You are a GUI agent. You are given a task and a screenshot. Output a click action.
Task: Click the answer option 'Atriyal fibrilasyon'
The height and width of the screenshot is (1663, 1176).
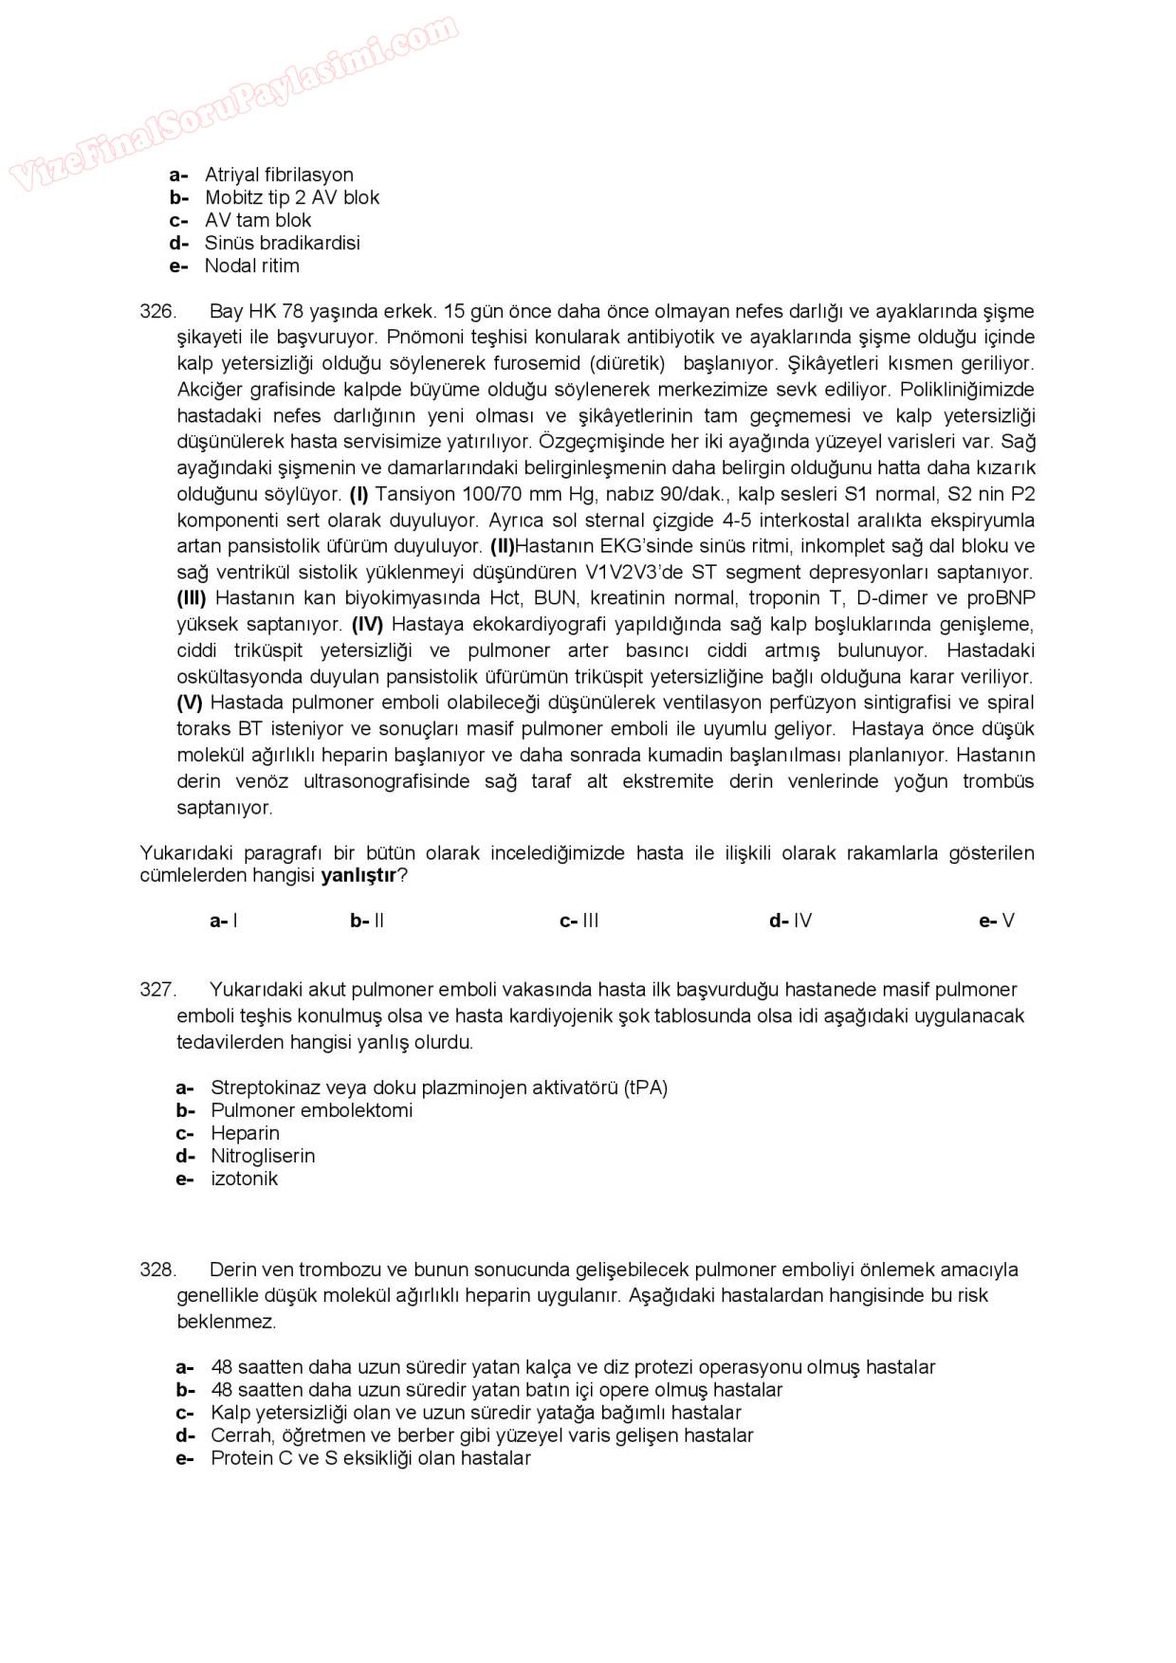pyautogui.click(x=279, y=174)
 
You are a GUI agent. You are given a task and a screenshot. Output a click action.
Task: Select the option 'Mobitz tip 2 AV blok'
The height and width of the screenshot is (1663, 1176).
pyautogui.click(x=291, y=197)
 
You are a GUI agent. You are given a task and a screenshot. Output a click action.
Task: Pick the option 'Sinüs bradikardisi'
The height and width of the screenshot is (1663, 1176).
pyautogui.click(x=282, y=243)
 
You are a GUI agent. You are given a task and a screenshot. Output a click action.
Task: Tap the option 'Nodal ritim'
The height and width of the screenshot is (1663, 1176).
pyautogui.click(x=251, y=265)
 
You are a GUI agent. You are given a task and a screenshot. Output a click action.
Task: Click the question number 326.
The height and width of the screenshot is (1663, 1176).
pyautogui.click(x=157, y=311)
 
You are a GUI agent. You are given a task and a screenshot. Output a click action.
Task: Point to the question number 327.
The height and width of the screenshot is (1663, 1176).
pyautogui.click(x=157, y=989)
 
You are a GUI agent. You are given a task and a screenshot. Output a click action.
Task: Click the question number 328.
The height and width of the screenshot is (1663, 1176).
pyautogui.click(x=157, y=1269)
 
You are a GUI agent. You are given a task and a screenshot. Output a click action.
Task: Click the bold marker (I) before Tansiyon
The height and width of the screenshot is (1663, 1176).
pyautogui.click(x=358, y=494)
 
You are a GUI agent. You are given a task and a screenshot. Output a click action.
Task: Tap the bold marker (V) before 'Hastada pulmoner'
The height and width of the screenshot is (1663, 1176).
pyautogui.click(x=190, y=703)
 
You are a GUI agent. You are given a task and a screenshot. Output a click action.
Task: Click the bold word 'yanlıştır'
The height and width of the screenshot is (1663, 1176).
pyautogui.click(x=358, y=875)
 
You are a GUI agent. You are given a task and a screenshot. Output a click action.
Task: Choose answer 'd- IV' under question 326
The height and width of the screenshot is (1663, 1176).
pyautogui.click(x=790, y=921)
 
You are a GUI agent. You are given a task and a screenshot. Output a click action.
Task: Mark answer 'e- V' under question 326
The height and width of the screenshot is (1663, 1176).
pyautogui.click(x=997, y=921)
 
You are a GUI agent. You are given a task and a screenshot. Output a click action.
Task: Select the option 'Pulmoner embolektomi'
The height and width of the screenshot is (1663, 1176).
pyautogui.click(x=311, y=1110)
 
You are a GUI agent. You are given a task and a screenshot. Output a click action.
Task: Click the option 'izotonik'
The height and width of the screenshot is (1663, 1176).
pyautogui.click(x=244, y=1179)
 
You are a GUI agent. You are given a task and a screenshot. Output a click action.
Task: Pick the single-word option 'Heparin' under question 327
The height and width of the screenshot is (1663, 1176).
pyautogui.click(x=245, y=1133)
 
